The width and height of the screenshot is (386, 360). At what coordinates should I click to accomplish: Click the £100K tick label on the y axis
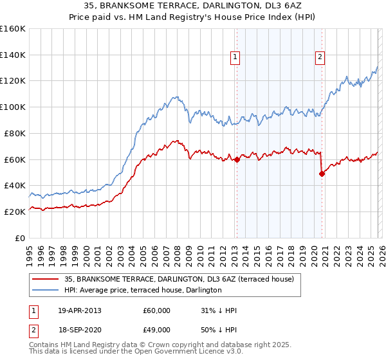pos(13,107)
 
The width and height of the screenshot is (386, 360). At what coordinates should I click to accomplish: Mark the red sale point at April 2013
pos(237,159)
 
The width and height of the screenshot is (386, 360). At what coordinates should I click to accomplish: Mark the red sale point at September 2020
pos(322,174)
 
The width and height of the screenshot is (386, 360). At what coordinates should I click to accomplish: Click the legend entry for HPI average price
pos(142,290)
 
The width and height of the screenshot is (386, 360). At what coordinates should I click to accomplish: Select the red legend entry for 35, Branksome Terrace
pos(178,279)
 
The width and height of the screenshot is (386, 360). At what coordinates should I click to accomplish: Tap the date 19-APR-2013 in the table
pos(80,310)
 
